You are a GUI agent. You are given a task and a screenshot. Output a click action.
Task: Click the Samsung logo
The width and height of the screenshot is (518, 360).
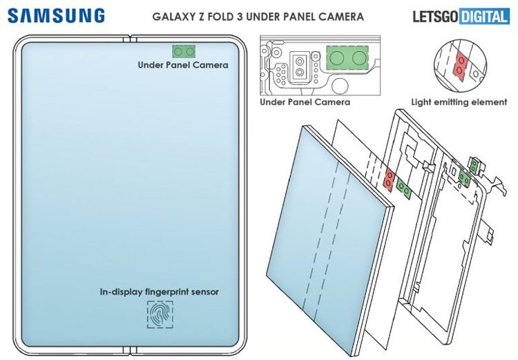(x=57, y=15)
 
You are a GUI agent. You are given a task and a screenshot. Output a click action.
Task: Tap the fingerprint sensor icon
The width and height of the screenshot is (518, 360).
(x=160, y=314)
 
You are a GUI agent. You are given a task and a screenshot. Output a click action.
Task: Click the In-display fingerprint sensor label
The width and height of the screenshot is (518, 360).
(x=159, y=292)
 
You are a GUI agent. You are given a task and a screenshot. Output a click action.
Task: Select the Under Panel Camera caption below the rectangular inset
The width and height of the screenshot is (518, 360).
(x=305, y=102)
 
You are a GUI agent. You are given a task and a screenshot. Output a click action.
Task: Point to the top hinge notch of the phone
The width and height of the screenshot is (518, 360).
(x=128, y=38)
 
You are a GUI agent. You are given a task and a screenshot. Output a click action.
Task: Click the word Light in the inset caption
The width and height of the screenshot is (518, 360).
(x=421, y=102)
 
